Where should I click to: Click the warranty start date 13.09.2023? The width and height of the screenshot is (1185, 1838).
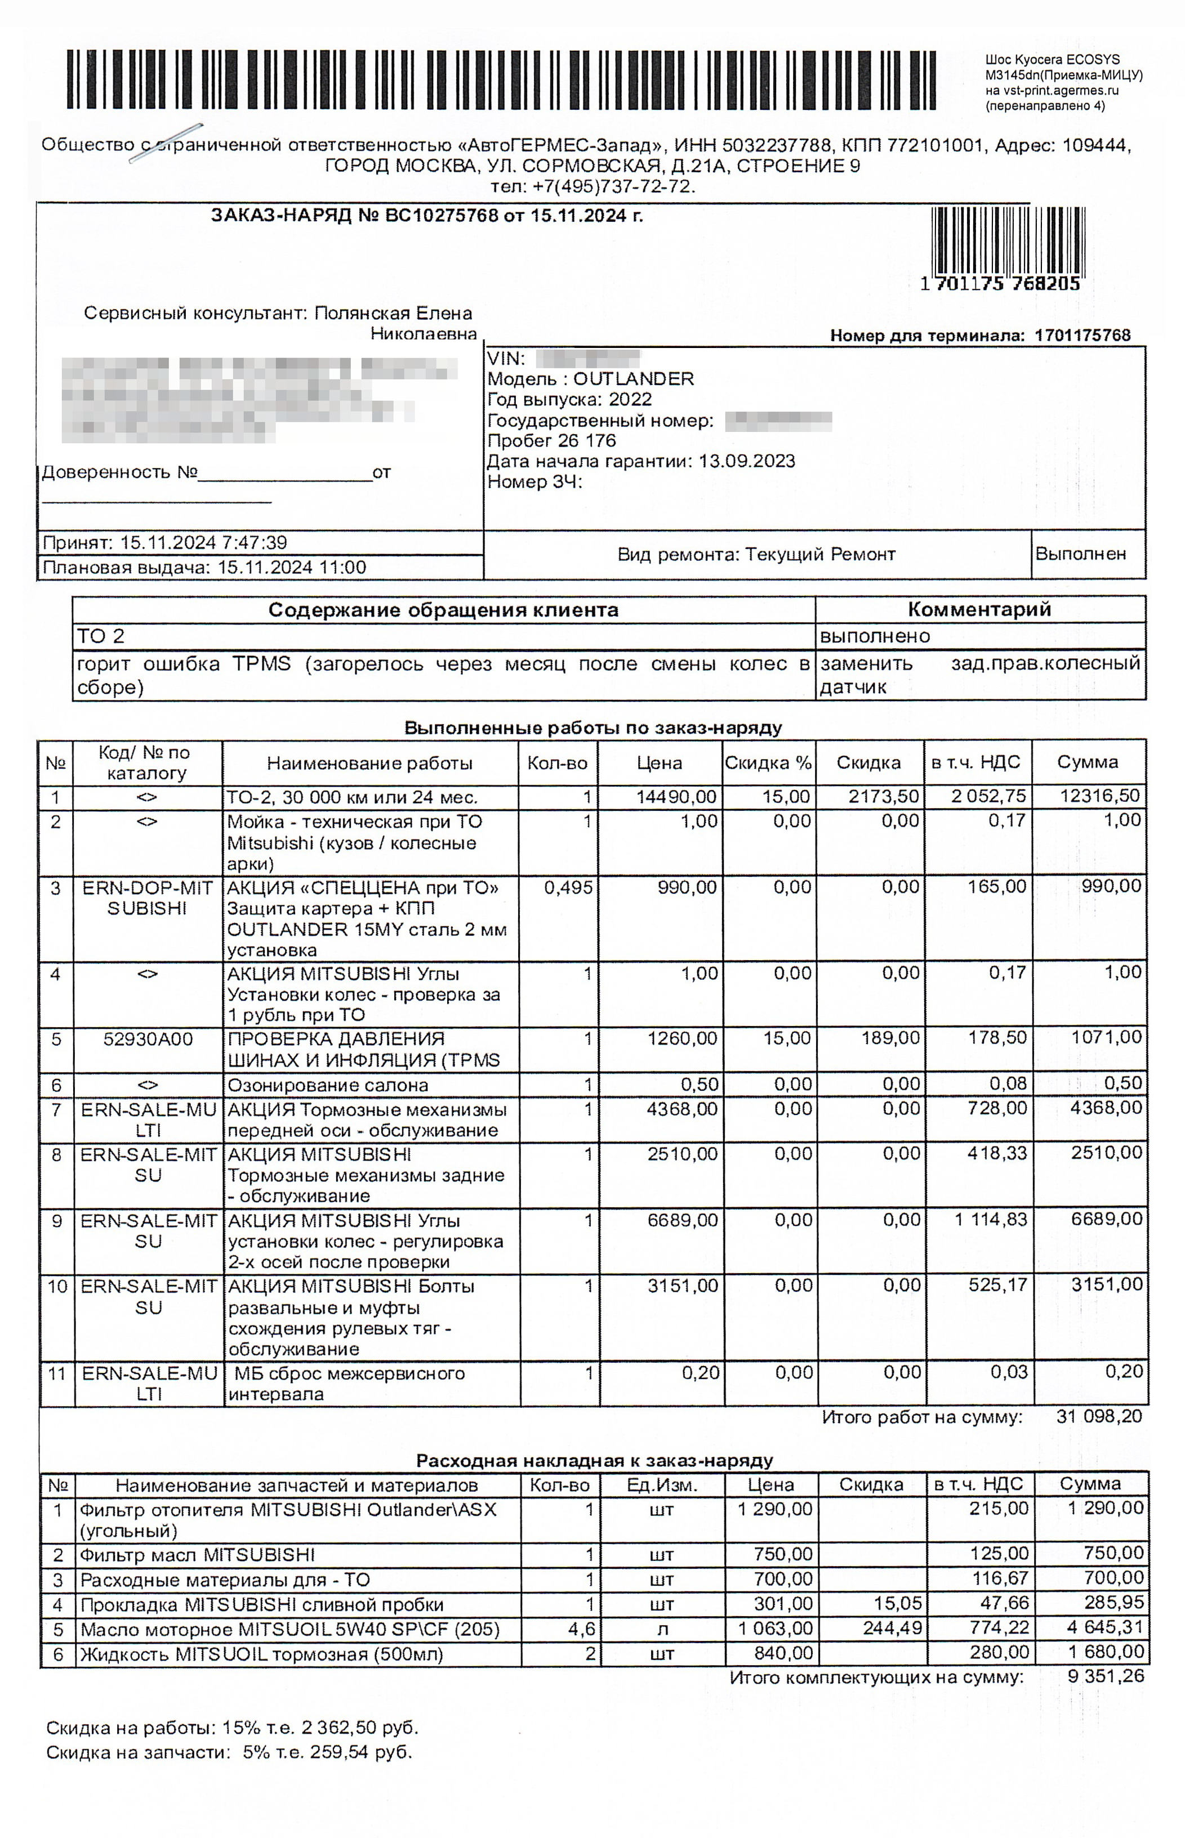[x=746, y=462]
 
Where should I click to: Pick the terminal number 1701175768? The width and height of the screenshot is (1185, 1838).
[x=1082, y=336]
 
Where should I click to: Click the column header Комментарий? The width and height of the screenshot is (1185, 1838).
[x=979, y=609]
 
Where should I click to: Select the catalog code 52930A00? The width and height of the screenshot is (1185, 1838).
[x=148, y=1040]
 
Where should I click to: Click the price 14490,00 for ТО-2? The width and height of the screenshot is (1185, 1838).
[x=676, y=797]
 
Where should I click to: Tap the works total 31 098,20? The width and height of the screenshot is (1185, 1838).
[x=1098, y=1416]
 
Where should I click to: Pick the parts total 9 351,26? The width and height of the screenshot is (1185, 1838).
[x=1105, y=1676]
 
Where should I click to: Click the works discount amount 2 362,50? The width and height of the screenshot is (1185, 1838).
[x=338, y=1728]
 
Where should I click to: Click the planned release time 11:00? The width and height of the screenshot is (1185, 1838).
[x=342, y=568]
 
